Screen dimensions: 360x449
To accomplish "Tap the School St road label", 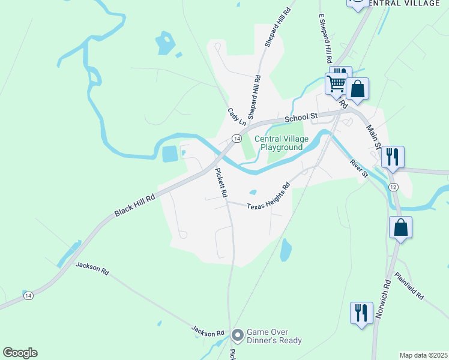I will pos(301,117).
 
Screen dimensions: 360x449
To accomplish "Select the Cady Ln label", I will pos(237,116).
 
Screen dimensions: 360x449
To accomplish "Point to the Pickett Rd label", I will pos(220,183).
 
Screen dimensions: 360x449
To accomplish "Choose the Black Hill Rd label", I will pos(134,205).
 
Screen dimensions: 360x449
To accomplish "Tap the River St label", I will pos(358,169).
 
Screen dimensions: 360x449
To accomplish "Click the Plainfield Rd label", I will pos(409,286).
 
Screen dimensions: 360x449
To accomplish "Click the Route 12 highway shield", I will pos(393,188).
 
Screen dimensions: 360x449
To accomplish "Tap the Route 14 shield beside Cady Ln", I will pos(237,139).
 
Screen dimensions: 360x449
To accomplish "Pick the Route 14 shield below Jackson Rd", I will pos(28,295).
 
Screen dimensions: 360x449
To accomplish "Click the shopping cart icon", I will pos(337,83).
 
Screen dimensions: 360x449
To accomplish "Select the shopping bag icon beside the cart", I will pos(357,89).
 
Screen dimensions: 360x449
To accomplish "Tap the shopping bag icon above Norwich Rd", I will pos(400,227).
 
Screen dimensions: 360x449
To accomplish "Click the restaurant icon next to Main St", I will pos(392,157).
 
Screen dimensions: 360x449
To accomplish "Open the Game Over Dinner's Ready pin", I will pos(238,335).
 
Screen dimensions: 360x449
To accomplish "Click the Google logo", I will pos(20,353).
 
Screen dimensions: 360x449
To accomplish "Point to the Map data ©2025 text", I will pos(423,355).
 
